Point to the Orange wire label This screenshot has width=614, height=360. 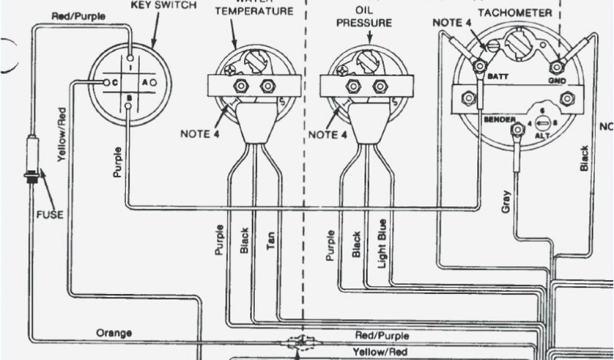pyautogui.click(x=115, y=332)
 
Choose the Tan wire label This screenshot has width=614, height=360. pyautogui.click(x=270, y=242)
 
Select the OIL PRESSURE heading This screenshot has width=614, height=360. pyautogui.click(x=363, y=17)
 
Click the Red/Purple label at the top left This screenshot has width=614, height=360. pyautogui.click(x=78, y=16)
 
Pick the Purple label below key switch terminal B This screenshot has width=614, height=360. pyautogui.click(x=118, y=162)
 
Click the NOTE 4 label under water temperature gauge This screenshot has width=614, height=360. pyautogui.click(x=200, y=134)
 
